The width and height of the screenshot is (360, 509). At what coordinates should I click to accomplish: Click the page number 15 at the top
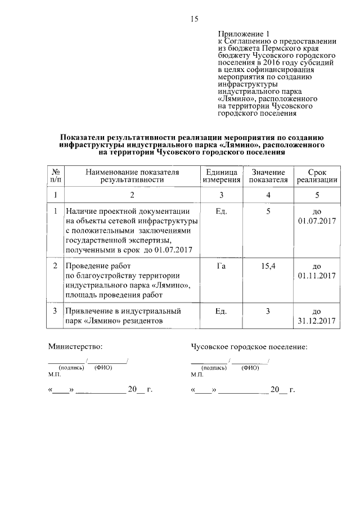(194, 20)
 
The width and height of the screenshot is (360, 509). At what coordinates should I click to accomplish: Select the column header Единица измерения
(222, 175)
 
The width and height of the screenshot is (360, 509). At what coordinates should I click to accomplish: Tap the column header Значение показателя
(268, 175)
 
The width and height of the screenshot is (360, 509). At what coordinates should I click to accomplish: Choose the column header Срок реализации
(317, 175)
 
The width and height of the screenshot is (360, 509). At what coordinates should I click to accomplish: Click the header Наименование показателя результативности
(132, 175)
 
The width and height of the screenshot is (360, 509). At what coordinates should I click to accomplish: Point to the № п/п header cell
(55, 175)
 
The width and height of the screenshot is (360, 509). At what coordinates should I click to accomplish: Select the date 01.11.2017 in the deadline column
(317, 276)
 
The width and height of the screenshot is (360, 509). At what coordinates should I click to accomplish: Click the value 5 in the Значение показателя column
(268, 211)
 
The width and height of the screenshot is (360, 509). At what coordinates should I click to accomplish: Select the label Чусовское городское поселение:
(249, 347)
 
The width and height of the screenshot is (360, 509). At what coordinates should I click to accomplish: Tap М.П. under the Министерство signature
(55, 374)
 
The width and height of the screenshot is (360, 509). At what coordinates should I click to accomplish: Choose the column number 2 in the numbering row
(132, 195)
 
